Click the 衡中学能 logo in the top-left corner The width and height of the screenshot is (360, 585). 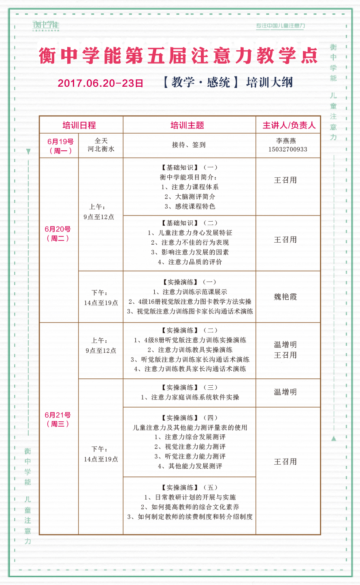(46, 26)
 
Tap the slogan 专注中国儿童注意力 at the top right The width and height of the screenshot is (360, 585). (280, 26)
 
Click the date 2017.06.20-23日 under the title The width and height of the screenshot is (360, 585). (100, 83)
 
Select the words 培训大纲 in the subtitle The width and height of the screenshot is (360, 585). (269, 83)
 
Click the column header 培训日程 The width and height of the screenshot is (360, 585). (79, 125)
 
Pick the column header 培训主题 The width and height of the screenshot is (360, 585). (187, 125)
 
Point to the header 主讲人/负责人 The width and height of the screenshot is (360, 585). (289, 125)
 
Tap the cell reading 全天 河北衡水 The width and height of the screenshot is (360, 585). (101, 145)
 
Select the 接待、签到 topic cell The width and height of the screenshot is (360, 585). (189, 145)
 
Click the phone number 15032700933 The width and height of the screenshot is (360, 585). (288, 149)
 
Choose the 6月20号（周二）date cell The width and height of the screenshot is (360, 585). (58, 234)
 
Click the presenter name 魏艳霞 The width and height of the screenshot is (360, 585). (285, 297)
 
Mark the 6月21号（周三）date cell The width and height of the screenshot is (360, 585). (58, 419)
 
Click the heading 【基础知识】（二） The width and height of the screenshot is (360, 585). (190, 223)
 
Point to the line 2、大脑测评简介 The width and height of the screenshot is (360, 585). (190, 197)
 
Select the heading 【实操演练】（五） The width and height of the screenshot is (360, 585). (190, 488)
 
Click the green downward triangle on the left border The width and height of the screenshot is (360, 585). (28, 152)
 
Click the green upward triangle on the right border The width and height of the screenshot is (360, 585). (334, 438)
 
